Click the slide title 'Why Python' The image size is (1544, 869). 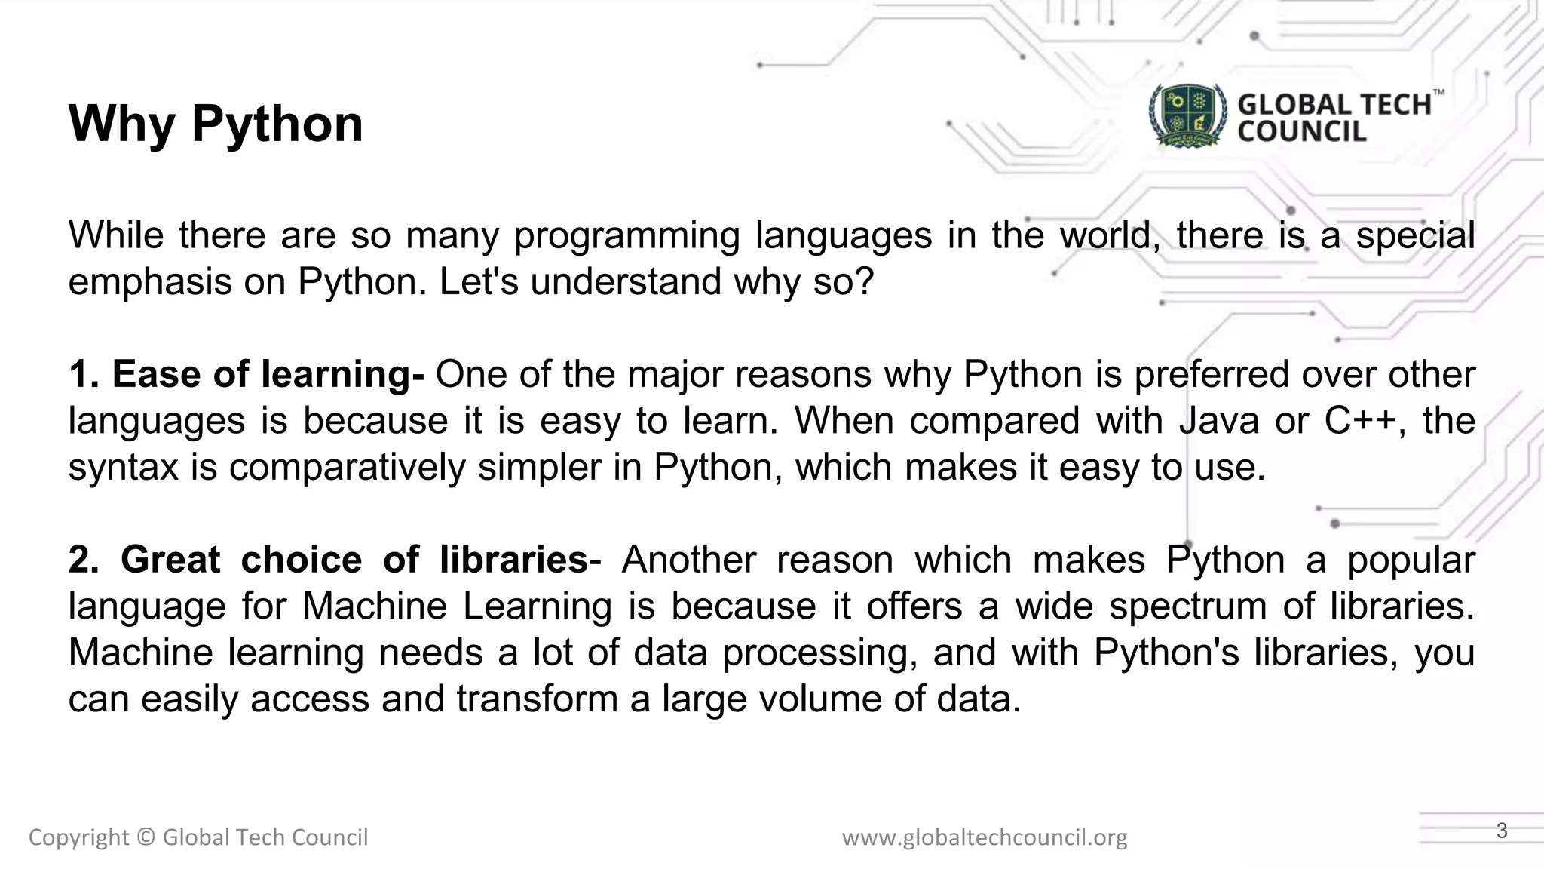point(216,124)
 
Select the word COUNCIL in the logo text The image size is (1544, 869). point(1302,132)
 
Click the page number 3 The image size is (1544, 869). point(1502,831)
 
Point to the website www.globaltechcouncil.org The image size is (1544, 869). point(985,837)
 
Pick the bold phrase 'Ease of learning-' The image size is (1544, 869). point(268,374)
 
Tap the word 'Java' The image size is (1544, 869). point(1219,421)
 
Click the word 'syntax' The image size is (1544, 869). point(123,468)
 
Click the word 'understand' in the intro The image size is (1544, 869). point(626,282)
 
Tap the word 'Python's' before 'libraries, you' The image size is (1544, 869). point(1166,653)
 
